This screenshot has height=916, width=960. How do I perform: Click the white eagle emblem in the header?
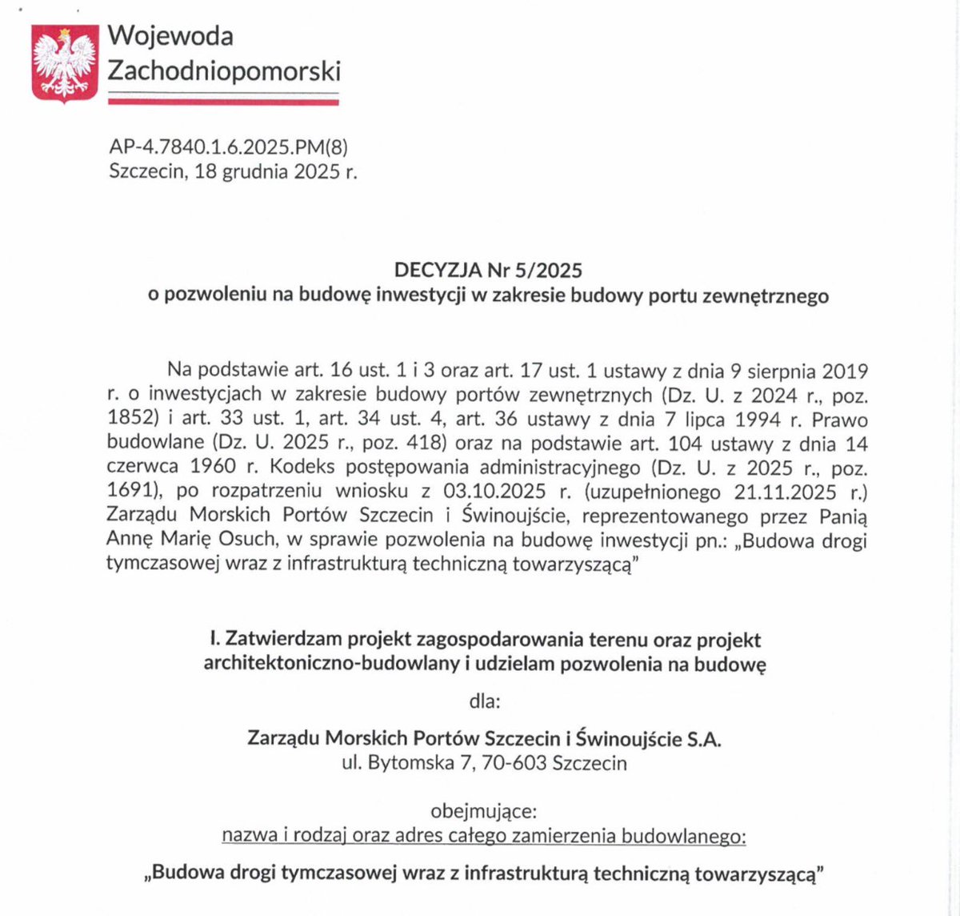coord(65,62)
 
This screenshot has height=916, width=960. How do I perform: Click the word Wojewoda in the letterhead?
coord(170,35)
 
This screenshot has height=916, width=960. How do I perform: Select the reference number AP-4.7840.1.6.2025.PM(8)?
coord(228,147)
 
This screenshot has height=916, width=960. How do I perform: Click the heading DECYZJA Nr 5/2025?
coord(488,270)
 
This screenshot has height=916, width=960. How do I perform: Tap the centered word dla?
coord(485,701)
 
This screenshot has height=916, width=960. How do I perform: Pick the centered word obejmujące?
coord(482,811)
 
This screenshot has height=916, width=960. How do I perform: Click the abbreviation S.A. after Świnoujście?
coord(704,738)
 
